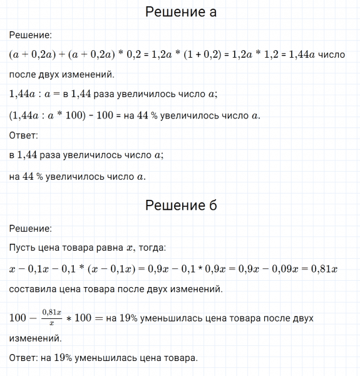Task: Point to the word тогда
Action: point(152,248)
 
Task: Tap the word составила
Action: point(31,290)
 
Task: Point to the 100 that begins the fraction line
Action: point(20,318)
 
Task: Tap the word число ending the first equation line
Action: point(332,55)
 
